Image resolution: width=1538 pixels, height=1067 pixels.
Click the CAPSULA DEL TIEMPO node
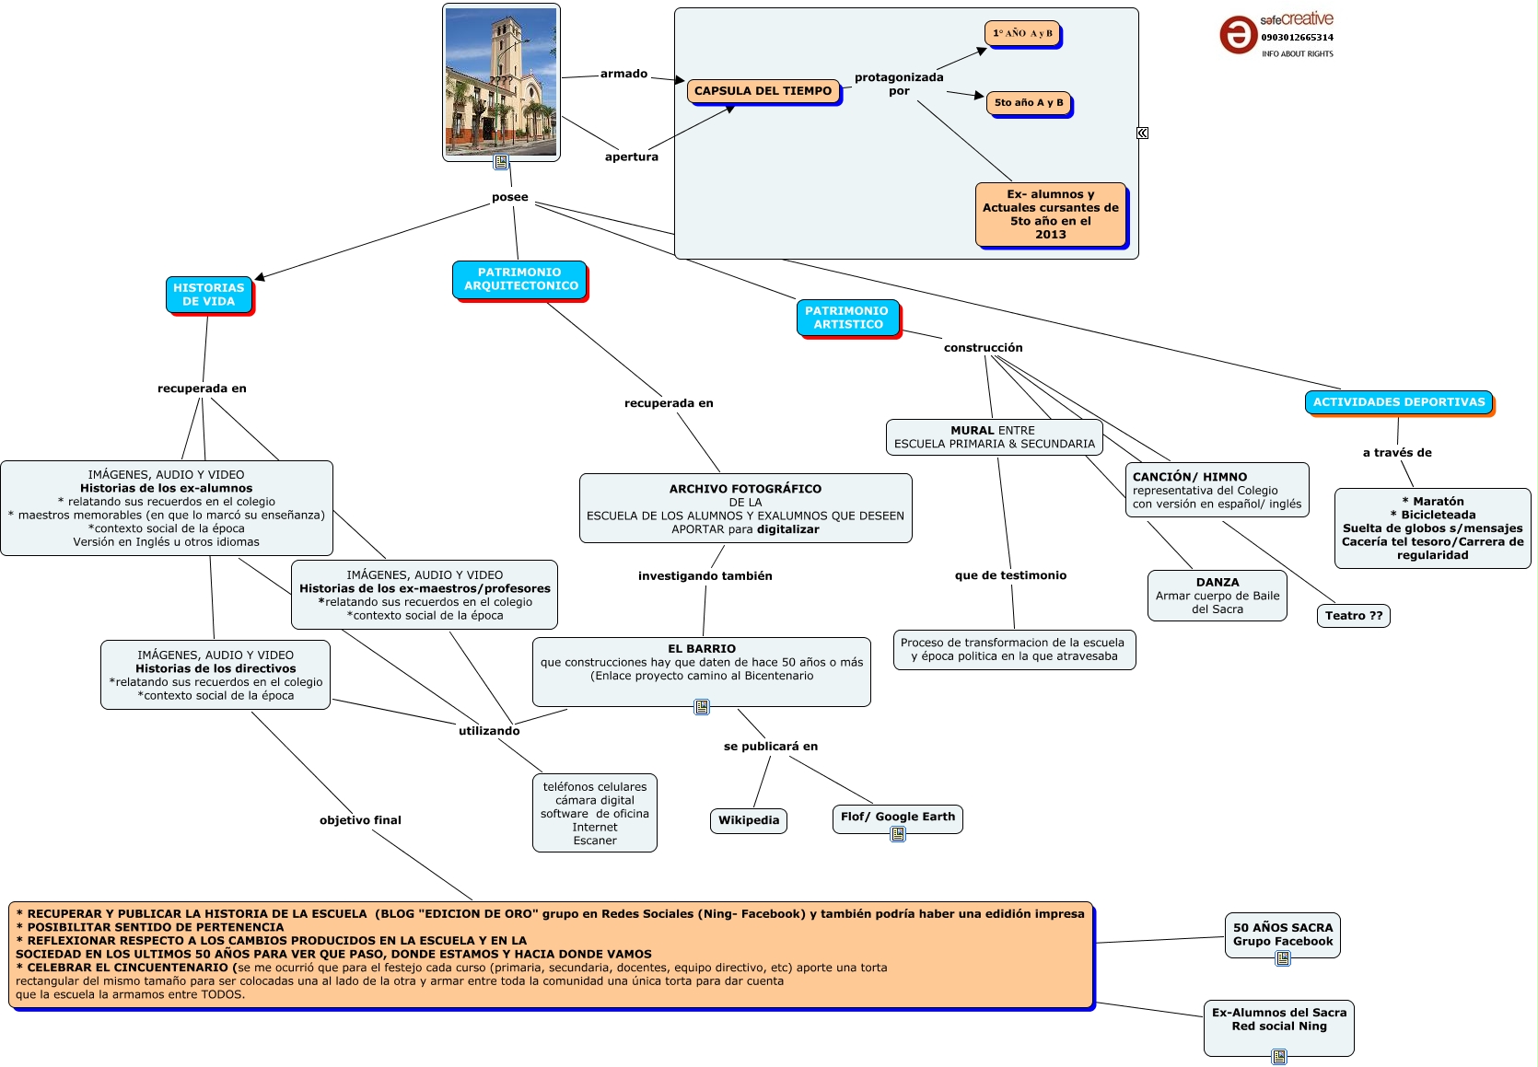(763, 91)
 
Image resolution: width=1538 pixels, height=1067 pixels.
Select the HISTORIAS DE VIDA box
(209, 295)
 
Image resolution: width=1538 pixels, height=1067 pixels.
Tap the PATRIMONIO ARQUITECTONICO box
(519, 279)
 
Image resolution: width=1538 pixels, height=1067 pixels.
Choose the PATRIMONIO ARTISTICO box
(847, 318)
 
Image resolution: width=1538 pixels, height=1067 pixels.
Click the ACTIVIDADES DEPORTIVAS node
(1398, 402)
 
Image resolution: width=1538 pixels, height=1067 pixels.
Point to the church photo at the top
(501, 81)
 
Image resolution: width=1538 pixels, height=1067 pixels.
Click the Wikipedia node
(749, 820)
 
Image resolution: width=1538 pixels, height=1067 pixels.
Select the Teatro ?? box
(1354, 616)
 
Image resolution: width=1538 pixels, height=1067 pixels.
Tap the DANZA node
(1217, 596)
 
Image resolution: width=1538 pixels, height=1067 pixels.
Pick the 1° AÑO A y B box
(1022, 34)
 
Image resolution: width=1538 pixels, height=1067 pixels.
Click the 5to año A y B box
(1029, 103)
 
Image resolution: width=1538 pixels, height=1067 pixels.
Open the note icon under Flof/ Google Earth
(898, 834)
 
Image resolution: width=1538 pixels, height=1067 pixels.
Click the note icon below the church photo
(501, 162)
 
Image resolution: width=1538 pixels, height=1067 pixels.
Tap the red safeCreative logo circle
(1238, 35)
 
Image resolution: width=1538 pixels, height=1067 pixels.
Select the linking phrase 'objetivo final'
(360, 820)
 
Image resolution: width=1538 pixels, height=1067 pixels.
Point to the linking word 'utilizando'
(489, 731)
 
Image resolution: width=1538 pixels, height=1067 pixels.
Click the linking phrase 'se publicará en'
(770, 747)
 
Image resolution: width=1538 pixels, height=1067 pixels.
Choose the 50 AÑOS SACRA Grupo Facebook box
(1282, 934)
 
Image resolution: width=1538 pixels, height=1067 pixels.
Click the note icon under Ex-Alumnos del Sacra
(1279, 1057)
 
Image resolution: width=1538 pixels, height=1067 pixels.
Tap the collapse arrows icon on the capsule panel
(1142, 133)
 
